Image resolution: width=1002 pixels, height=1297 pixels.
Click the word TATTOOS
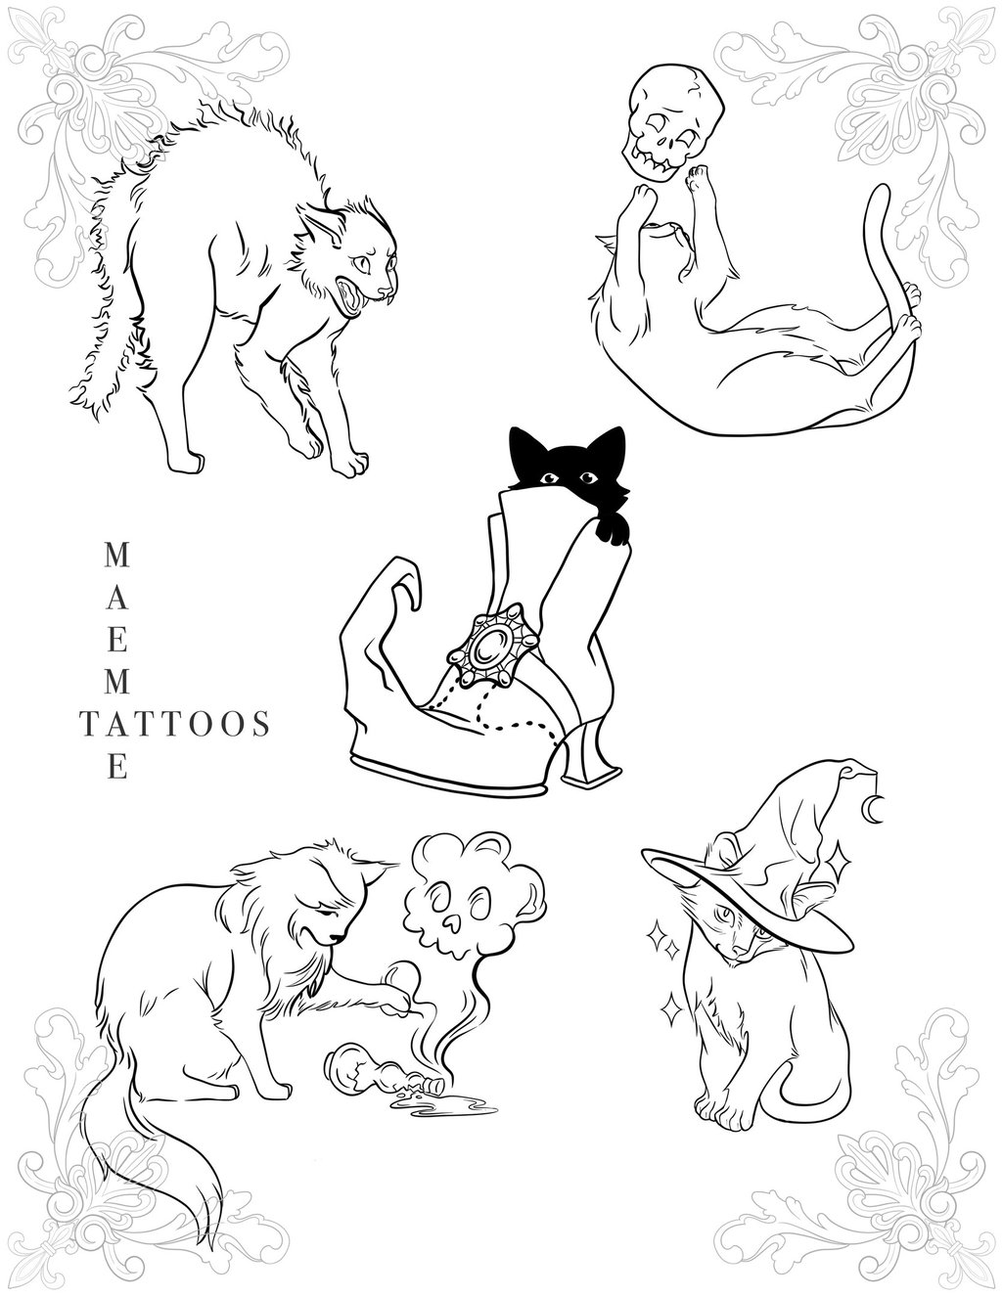[175, 724]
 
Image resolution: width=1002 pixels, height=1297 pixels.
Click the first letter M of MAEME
[117, 556]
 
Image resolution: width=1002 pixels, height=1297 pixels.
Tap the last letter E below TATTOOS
[117, 767]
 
